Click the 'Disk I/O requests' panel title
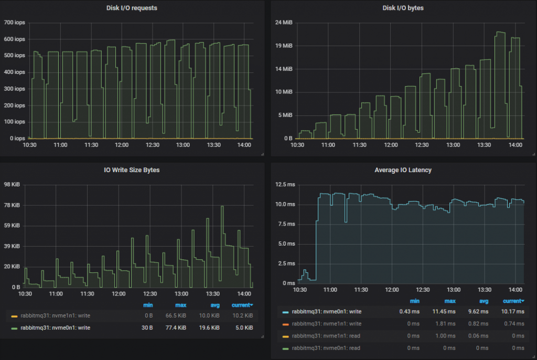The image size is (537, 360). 131,8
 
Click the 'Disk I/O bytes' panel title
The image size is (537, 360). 403,8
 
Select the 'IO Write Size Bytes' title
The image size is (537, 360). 131,170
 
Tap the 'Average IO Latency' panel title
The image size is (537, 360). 403,170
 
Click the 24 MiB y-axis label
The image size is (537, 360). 284,23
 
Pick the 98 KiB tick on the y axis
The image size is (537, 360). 12,185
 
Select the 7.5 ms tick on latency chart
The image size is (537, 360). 286,224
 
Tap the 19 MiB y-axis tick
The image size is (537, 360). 284,46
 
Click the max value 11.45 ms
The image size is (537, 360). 450,312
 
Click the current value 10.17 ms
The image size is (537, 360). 513,312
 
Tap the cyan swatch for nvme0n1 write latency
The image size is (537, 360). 285,312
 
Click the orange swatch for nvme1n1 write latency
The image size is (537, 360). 285,324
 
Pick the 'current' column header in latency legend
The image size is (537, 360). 513,301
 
